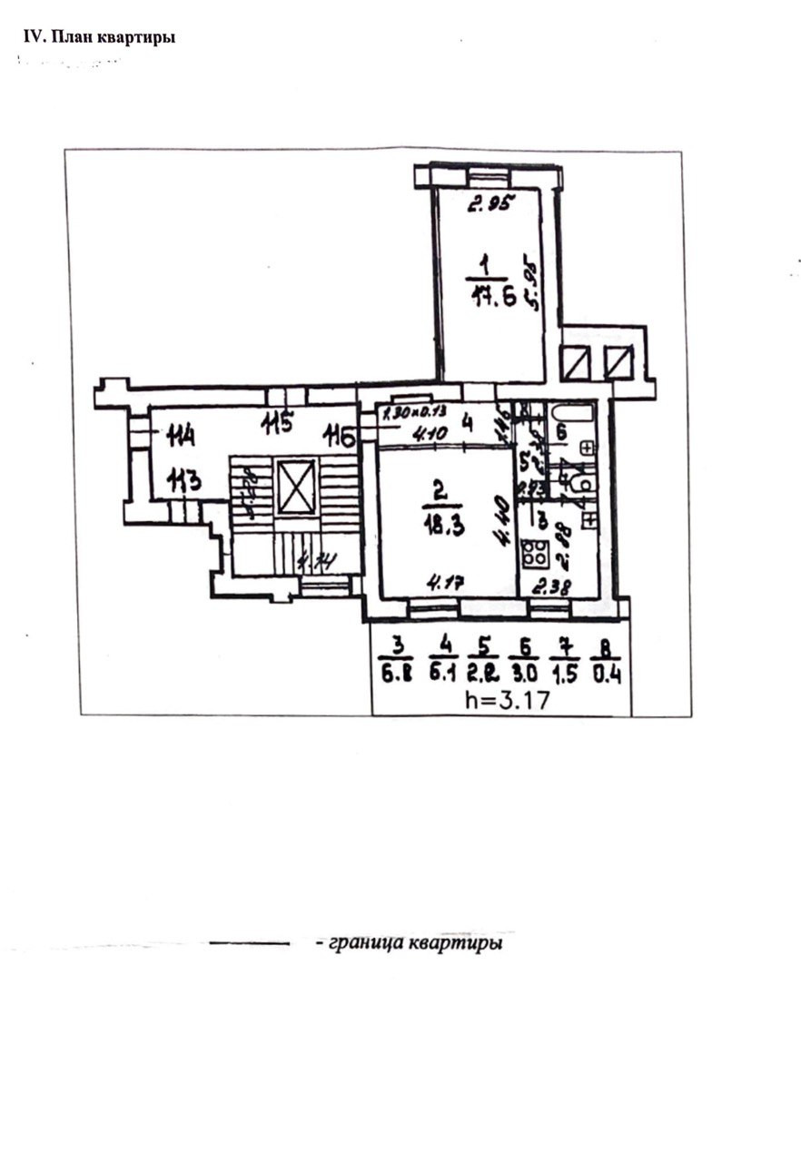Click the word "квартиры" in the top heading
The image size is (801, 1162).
[136, 37]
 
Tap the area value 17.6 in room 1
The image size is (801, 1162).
[494, 297]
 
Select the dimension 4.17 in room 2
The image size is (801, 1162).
[447, 582]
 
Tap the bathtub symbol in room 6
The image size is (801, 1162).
[569, 415]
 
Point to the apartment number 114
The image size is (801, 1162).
[181, 438]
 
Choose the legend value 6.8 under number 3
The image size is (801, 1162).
[395, 675]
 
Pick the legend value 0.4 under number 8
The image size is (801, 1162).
[605, 675]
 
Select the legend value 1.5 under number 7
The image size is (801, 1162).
[565, 675]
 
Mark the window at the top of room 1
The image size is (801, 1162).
[488, 176]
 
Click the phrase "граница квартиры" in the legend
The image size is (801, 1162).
[409, 943]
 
